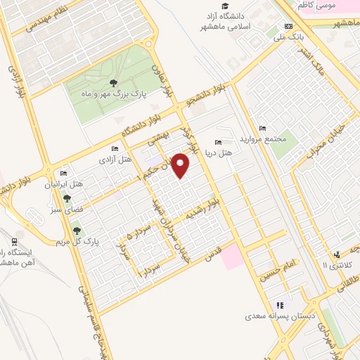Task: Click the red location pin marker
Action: tap(181, 166)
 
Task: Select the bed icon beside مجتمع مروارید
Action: tap(262, 128)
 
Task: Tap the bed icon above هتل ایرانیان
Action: tap(65, 174)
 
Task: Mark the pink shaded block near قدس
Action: tap(233, 257)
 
